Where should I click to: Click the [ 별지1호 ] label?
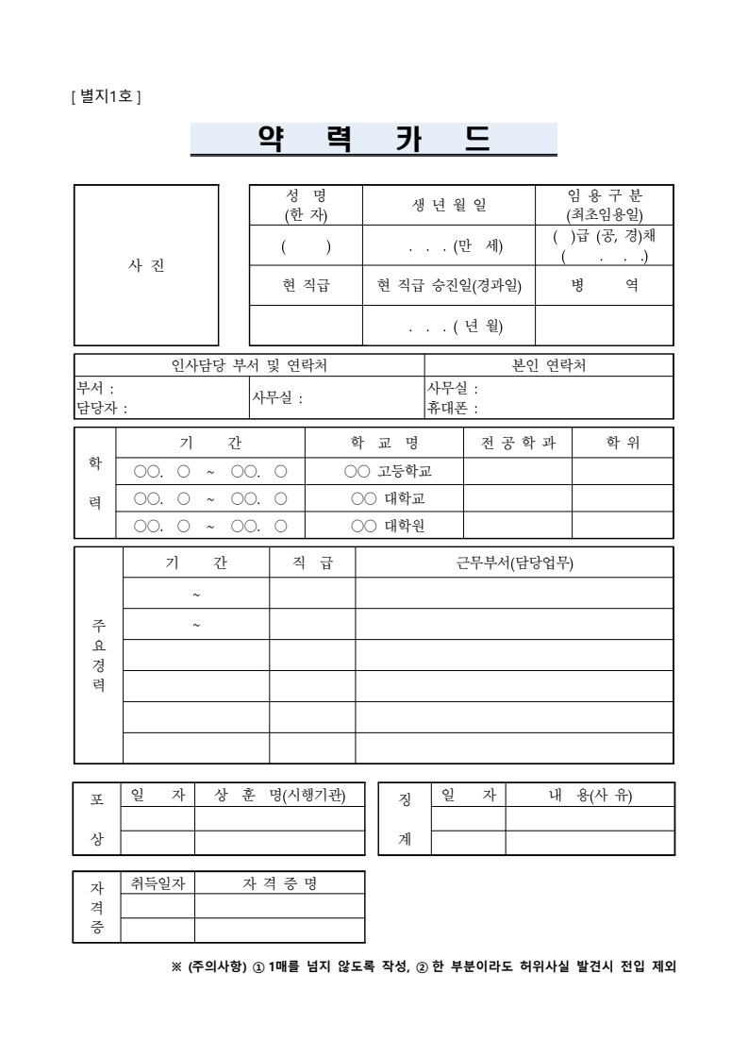tap(106, 96)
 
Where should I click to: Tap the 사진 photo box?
tap(146, 265)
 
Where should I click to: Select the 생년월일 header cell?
tap(449, 206)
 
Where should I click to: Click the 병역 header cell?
tap(604, 285)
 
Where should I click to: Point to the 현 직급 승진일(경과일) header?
tap(449, 285)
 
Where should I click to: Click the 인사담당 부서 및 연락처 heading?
tap(249, 365)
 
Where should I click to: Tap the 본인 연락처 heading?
tap(548, 365)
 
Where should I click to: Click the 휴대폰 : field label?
tap(453, 409)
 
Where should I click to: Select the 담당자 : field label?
tap(102, 409)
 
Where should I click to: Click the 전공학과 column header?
tap(518, 443)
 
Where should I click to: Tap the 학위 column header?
tap(623, 443)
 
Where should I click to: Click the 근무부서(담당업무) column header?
tap(514, 563)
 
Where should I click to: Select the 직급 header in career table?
tap(312, 563)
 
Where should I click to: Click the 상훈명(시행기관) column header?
tap(280, 796)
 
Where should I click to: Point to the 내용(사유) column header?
tap(590, 796)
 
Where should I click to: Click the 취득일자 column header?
tap(158, 883)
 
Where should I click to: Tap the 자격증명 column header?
tap(280, 883)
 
